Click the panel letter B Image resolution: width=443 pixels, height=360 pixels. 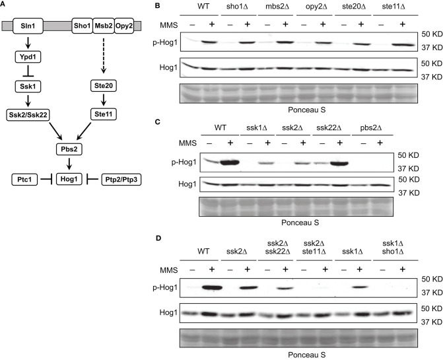(156, 7)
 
